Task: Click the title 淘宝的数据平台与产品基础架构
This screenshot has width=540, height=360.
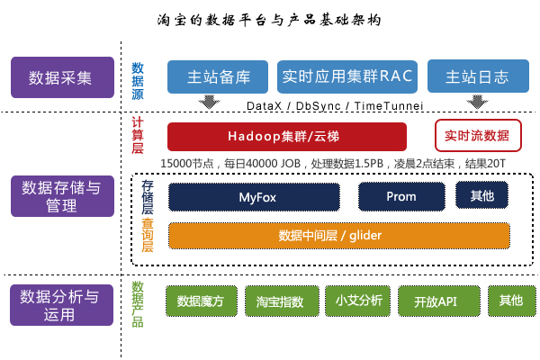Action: coord(269,19)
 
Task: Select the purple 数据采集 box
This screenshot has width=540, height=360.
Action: coord(61,76)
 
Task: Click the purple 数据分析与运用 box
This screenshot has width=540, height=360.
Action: coord(61,305)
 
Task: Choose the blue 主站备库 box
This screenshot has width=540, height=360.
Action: coord(219,76)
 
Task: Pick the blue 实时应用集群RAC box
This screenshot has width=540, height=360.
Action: coord(346,76)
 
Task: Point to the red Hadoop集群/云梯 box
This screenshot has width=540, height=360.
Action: coord(286,136)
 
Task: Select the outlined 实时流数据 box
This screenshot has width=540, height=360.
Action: coord(477,136)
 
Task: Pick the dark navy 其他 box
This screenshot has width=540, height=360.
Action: coord(481,194)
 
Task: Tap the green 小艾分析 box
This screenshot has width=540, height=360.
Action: coord(358,301)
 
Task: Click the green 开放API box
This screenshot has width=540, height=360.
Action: coord(435,301)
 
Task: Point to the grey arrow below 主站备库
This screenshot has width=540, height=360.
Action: coord(210,102)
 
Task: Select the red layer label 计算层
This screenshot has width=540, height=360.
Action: coord(138,135)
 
